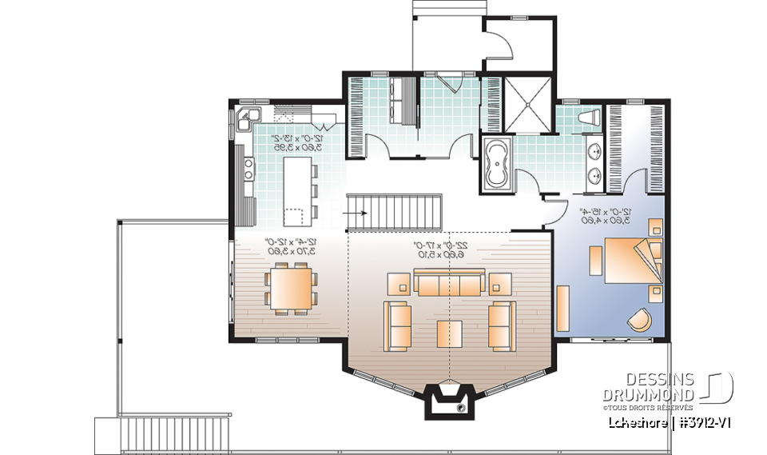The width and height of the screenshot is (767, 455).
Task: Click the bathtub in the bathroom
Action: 497,164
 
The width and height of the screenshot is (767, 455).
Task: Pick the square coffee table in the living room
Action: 449,333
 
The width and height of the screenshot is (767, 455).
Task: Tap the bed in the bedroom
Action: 623,260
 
